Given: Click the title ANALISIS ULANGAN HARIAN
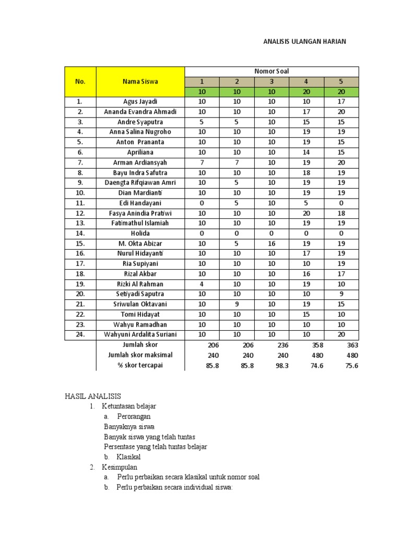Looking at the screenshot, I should pos(304,41).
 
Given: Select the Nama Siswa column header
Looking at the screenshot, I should pos(140,82).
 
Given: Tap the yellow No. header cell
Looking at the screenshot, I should pos(80,82).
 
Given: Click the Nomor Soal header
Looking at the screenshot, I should pos(272,72).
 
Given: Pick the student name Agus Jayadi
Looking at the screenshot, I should pos(140,102).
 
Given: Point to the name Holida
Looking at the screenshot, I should pos(140,234).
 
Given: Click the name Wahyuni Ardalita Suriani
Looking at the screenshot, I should pos(140,335).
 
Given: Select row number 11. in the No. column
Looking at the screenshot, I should pos(80,203).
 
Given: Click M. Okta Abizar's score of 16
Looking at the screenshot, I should pos(272,243).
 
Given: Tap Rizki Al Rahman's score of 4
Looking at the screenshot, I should pos(202,284).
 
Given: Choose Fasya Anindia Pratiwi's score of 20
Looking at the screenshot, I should pos(306,213).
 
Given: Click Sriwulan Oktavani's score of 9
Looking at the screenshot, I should pos(237,305).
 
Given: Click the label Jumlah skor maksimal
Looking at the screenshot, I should pos(140,355).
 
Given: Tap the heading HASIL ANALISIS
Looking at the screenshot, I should pos(92,397).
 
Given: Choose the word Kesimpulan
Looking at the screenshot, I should pos(120,467).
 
